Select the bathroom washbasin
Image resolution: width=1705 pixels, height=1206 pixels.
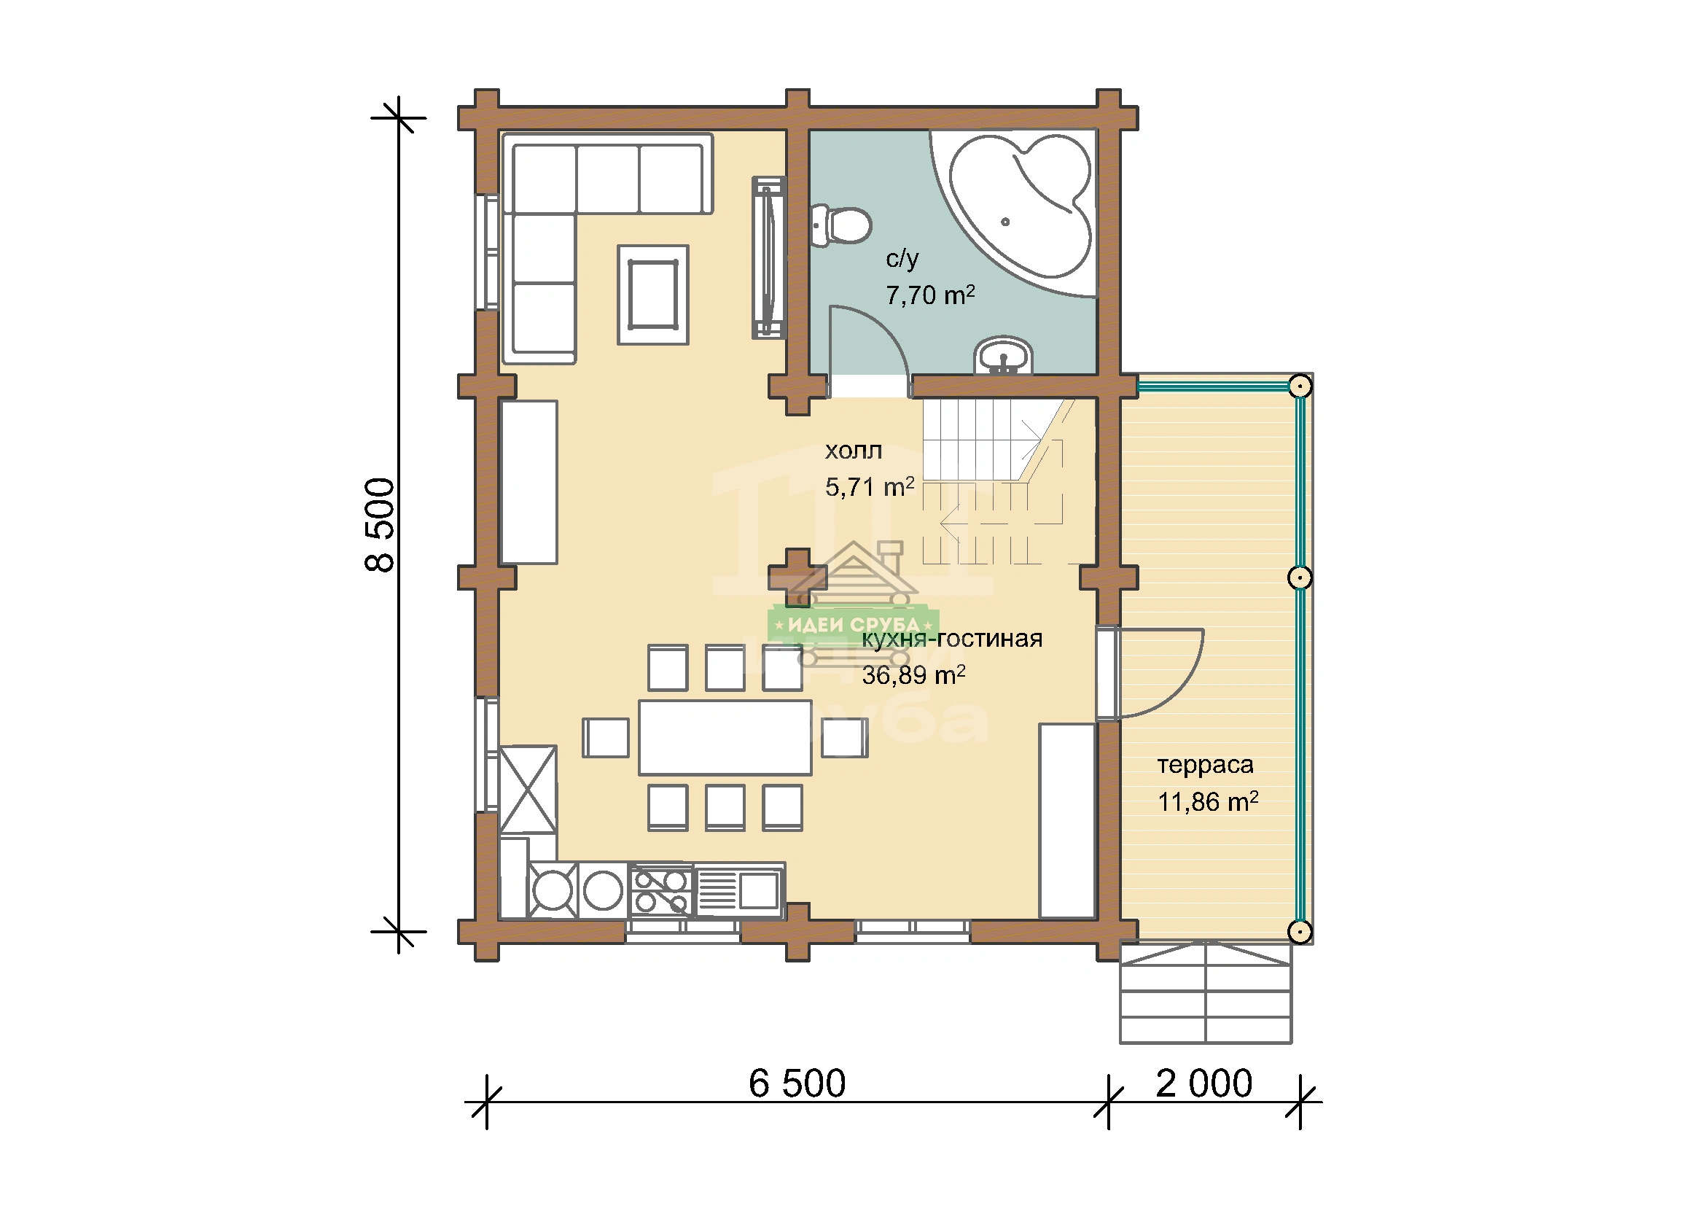pyautogui.click(x=1003, y=356)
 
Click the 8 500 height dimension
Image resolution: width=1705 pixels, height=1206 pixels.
pyautogui.click(x=381, y=524)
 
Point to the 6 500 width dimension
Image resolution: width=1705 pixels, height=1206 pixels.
pyautogui.click(x=797, y=1084)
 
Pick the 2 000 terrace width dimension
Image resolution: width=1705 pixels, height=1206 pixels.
pyautogui.click(x=1203, y=1084)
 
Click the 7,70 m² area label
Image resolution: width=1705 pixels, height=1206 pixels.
pyautogui.click(x=929, y=295)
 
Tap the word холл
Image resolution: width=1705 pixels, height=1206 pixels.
pyautogui.click(x=854, y=451)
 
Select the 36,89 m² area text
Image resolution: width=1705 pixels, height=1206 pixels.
pyautogui.click(x=913, y=675)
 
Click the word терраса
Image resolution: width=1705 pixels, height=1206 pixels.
pyautogui.click(x=1205, y=765)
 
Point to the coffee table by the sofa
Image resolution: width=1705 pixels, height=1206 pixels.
pyautogui.click(x=652, y=295)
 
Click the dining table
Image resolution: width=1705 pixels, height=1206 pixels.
pyautogui.click(x=725, y=737)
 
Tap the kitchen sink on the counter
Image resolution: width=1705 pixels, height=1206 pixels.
pyautogui.click(x=739, y=890)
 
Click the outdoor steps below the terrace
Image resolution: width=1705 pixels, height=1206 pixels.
pyautogui.click(x=1205, y=993)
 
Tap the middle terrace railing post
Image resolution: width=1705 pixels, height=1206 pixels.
pyautogui.click(x=1300, y=577)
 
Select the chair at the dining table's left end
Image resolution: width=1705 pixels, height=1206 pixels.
pyautogui.click(x=605, y=737)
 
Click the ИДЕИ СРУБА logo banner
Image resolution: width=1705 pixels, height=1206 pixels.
pyautogui.click(x=854, y=625)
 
